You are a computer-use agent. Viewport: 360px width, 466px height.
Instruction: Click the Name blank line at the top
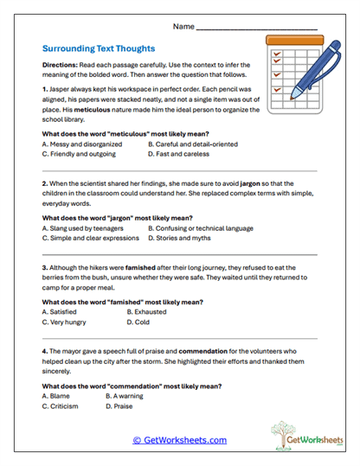tap(257, 29)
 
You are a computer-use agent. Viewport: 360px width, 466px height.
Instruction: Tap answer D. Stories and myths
tap(179, 238)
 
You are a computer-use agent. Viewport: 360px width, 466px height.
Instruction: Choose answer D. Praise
tap(122, 405)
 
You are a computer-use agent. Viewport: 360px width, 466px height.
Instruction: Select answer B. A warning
tap(126, 395)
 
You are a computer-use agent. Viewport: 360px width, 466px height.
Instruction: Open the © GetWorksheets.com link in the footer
tap(179, 440)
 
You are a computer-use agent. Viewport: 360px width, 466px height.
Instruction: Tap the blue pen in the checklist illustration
tap(313, 62)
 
